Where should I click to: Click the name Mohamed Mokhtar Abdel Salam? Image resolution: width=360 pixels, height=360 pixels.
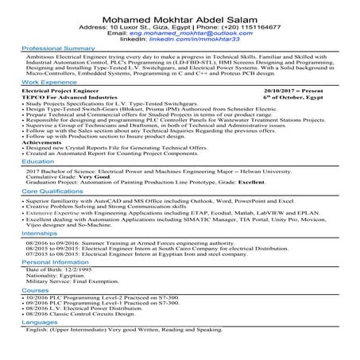click(x=180, y=13)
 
